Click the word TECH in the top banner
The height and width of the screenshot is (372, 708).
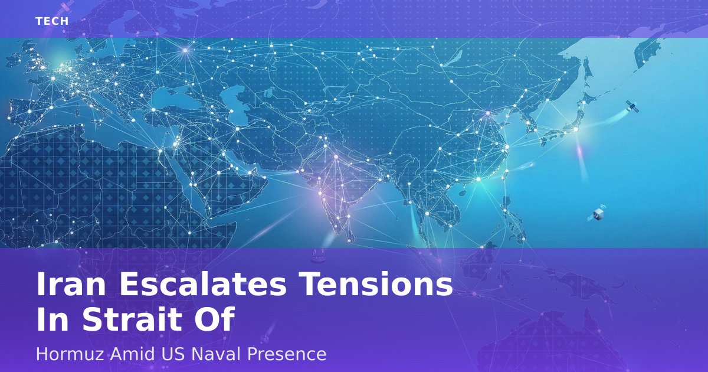tap(52, 21)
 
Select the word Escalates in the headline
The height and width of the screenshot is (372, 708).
tap(203, 284)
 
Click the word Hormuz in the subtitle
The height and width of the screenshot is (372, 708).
tap(70, 354)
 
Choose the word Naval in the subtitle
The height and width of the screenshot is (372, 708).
tap(215, 354)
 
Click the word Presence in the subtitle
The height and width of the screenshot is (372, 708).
tap(286, 354)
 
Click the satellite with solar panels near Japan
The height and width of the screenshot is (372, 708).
tap(632, 107)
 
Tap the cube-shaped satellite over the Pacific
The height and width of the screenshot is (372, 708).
tap(597, 214)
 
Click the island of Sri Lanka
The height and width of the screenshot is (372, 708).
tap(350, 236)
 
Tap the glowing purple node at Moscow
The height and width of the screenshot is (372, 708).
tap(185, 50)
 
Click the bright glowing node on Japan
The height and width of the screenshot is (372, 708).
tap(576, 129)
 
